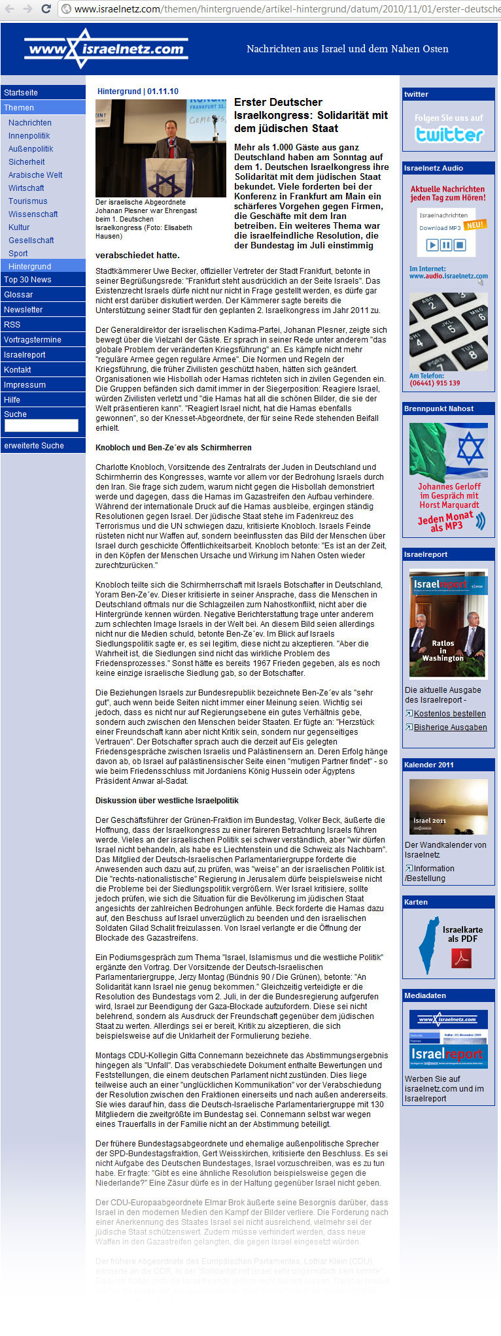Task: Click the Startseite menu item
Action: [x=21, y=93]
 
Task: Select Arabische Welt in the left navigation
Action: [x=35, y=175]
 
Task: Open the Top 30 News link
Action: [x=27, y=280]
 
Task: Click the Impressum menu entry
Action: [x=25, y=385]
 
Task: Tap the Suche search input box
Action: [x=41, y=426]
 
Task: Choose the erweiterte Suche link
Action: [x=34, y=446]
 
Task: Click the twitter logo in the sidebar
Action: [x=449, y=134]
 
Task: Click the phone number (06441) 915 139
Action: [x=434, y=383]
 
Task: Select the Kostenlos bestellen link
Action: [x=449, y=714]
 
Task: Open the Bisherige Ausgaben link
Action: [x=450, y=727]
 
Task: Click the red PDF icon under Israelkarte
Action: [x=461, y=958]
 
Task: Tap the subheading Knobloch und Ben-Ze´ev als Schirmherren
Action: [x=173, y=448]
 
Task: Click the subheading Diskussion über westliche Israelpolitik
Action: [x=167, y=801]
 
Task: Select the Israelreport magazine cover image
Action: [x=448, y=624]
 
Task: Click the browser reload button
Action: [x=46, y=9]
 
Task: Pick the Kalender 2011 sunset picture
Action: [x=448, y=807]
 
